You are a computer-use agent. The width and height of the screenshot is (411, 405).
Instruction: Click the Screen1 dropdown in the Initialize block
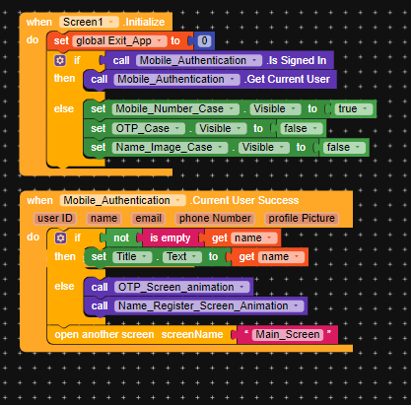(89, 22)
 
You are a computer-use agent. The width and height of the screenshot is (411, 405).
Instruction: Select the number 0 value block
(204, 40)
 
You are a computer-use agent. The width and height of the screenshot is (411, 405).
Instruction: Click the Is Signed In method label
(297, 60)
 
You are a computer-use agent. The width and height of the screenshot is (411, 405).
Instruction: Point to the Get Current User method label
(288, 79)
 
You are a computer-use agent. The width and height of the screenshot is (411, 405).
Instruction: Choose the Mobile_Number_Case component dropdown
(175, 108)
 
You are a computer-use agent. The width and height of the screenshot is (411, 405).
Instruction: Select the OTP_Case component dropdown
(148, 128)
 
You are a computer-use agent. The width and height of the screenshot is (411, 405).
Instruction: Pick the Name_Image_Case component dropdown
(170, 147)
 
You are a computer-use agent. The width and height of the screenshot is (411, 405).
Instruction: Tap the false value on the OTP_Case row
(300, 128)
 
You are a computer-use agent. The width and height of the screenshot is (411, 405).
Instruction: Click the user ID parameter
(55, 218)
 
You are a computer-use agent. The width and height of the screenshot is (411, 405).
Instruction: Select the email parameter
(148, 218)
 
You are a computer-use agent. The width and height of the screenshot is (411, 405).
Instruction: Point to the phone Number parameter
(215, 218)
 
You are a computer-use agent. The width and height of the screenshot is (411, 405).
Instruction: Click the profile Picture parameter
(302, 218)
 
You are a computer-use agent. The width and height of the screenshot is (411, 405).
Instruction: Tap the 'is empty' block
(171, 237)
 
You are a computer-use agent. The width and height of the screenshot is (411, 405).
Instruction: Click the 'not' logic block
(121, 237)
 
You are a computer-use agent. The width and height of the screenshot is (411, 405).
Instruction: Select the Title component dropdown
(132, 256)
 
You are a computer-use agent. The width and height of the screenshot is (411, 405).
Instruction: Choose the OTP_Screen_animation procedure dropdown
(182, 287)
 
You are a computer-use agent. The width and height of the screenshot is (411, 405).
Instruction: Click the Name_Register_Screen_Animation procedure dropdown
(209, 305)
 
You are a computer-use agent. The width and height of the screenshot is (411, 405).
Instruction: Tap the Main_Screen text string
(288, 334)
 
